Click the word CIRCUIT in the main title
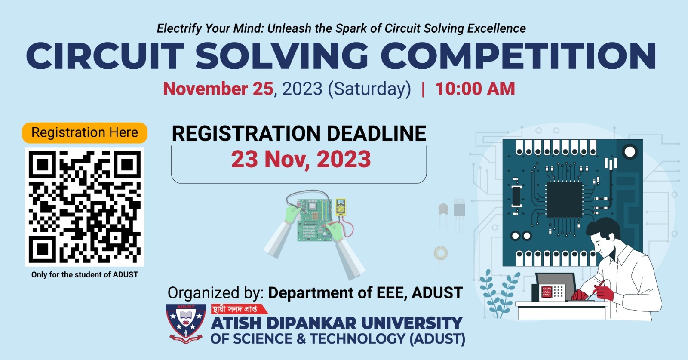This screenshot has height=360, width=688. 105,56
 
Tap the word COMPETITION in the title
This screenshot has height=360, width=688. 519,56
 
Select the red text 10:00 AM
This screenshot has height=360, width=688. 475,89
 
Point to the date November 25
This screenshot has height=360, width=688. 218,89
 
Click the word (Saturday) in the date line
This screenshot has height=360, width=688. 369,89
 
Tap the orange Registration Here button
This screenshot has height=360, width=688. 85,133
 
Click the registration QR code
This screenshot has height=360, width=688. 85,207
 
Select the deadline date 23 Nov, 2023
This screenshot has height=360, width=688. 301,160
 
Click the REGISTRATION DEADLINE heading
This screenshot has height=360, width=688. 299,133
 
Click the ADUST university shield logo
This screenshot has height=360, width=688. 186,323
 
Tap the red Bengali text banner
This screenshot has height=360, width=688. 239,309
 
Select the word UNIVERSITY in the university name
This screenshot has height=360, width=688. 412,323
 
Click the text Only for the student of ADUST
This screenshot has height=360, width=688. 85,274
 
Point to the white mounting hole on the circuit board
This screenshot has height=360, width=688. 630,152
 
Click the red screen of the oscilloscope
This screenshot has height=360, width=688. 547,292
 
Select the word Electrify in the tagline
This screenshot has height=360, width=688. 179,28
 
